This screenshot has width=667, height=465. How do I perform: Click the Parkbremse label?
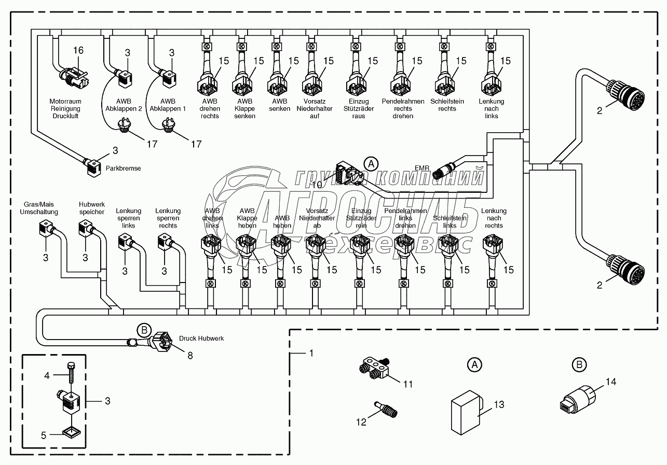tap(123, 168)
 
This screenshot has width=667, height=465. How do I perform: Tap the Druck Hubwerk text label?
tap(201, 339)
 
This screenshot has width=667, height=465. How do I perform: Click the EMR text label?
tap(422, 168)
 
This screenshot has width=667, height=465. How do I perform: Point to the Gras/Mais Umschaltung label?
tap(39, 208)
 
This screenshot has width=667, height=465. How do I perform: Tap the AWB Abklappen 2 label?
tap(122, 105)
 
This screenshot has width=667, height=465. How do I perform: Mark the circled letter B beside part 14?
tap(579, 365)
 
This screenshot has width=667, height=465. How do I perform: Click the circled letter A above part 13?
tap(473, 365)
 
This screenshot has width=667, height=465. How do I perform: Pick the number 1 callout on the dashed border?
tap(311, 354)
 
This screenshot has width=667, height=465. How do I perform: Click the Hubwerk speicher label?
tap(92, 208)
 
